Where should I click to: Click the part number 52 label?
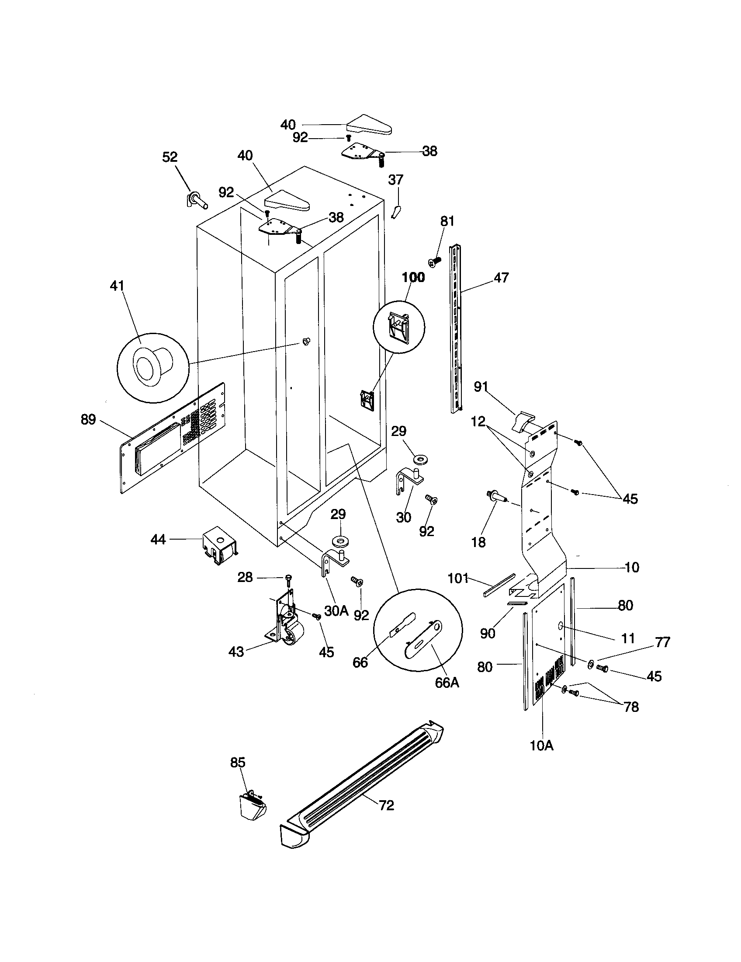[170, 157]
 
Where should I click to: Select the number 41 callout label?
[117, 286]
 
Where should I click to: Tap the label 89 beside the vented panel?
[88, 419]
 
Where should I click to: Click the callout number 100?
[413, 277]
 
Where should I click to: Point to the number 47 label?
[501, 278]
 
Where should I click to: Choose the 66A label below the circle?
[447, 682]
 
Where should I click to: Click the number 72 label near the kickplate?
[386, 805]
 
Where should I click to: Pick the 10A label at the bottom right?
[542, 745]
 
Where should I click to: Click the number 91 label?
[481, 387]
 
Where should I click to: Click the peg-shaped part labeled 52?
[197, 201]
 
